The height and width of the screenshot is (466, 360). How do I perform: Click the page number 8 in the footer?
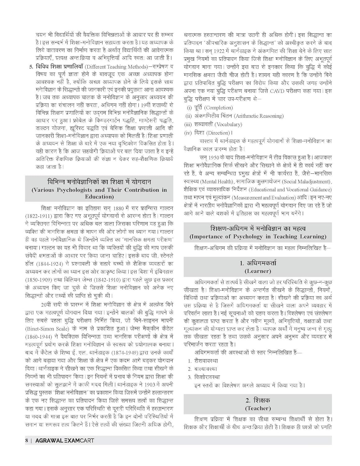[x=27, y=440]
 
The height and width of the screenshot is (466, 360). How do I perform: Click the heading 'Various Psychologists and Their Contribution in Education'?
[x=99, y=193]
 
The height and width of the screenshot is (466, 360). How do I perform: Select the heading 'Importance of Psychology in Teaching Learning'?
[x=258, y=236]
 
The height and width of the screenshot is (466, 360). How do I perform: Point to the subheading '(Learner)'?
[x=258, y=271]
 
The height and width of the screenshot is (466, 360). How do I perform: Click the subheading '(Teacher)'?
[x=258, y=408]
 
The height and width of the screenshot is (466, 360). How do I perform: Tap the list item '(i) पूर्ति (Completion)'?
[x=210, y=108]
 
